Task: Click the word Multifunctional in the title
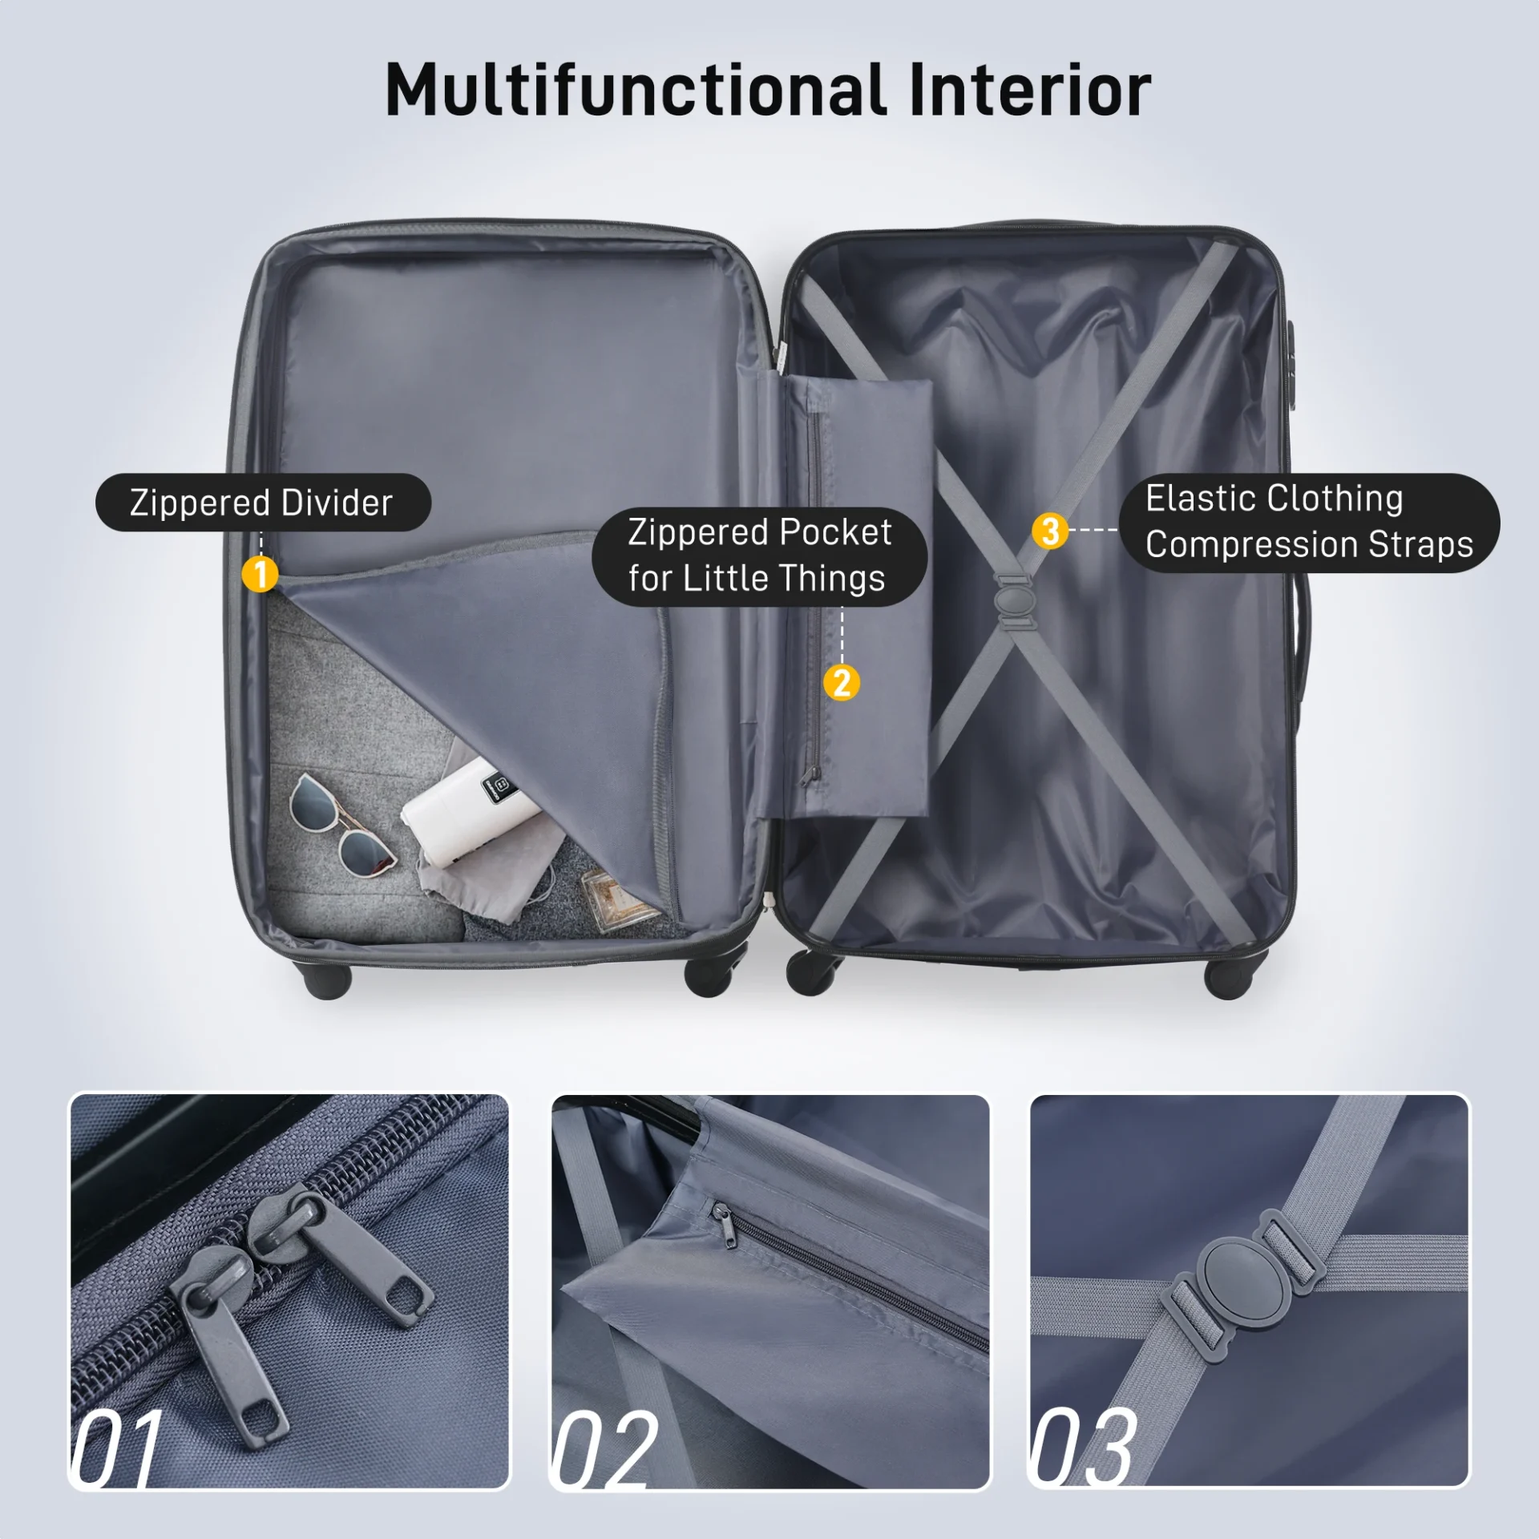pyautogui.click(x=635, y=90)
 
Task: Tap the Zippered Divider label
pyautogui.click(x=262, y=503)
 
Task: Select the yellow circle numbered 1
pyautogui.click(x=260, y=574)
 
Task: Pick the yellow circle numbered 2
pyautogui.click(x=841, y=683)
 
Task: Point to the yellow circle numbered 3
pyautogui.click(x=1049, y=531)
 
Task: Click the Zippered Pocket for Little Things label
pyautogui.click(x=758, y=555)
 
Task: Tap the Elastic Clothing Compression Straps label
pyautogui.click(x=1308, y=522)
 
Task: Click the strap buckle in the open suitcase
pyautogui.click(x=1013, y=602)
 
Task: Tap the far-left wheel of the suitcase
pyautogui.click(x=328, y=980)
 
